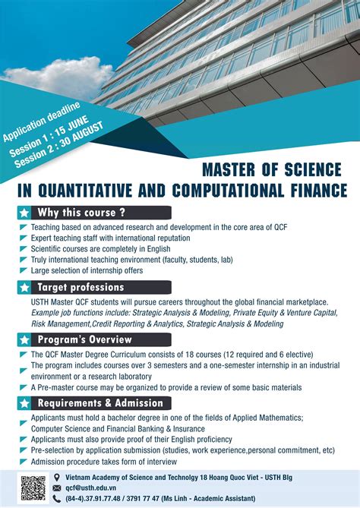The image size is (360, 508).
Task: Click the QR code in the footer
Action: point(33,487)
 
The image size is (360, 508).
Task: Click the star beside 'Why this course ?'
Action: point(25,212)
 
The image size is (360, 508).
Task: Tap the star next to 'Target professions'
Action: point(25,287)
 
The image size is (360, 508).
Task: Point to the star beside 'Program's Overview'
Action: point(25,338)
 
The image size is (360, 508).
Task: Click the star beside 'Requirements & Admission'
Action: point(25,402)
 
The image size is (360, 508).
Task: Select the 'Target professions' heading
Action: point(83,287)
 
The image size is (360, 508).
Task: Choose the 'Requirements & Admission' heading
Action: point(100,402)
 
